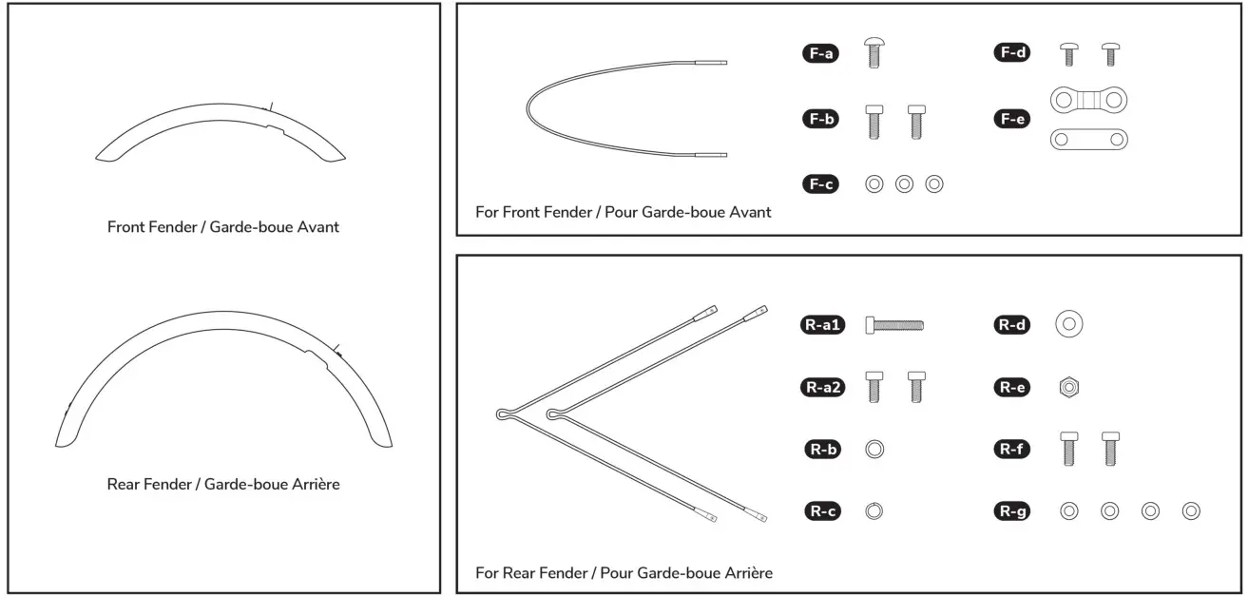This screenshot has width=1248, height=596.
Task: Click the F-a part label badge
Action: [820, 54]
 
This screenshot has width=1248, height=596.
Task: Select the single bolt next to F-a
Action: [874, 53]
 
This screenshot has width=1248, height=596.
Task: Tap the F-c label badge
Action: [820, 184]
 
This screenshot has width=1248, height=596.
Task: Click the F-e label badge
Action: [1011, 119]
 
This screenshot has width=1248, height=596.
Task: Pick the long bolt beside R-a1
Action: [894, 325]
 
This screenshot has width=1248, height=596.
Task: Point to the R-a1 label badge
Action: [823, 325]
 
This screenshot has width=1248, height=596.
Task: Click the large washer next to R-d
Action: [1069, 325]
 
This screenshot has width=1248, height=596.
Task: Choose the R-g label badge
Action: [1011, 511]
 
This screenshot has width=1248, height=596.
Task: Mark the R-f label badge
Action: [1011, 449]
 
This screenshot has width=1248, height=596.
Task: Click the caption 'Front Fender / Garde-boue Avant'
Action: [223, 227]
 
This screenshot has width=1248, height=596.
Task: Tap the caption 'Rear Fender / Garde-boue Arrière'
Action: [223, 484]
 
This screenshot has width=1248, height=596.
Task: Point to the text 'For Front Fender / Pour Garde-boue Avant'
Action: [624, 212]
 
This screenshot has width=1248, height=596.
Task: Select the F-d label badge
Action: [1011, 53]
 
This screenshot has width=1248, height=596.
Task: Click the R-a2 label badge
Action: [823, 387]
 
